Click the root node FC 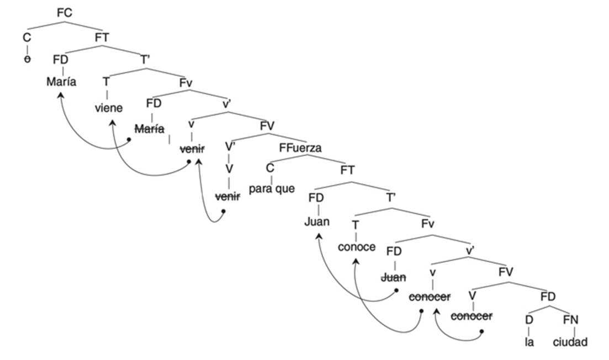(x=65, y=12)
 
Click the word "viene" (x=108, y=107)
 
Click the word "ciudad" (x=571, y=342)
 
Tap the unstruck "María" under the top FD (x=61, y=83)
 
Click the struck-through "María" (x=150, y=129)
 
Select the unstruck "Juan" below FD (x=317, y=222)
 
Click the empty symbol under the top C (x=27, y=60)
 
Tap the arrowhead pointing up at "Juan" (x=319, y=235)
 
